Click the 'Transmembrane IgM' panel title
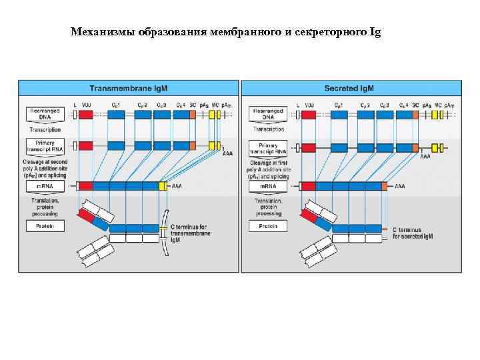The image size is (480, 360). [129, 88]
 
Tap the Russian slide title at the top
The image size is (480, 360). [225, 31]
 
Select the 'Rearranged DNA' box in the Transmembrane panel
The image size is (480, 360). [44, 115]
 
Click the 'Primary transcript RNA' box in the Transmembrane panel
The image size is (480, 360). [44, 146]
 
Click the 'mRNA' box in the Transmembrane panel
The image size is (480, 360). [44, 186]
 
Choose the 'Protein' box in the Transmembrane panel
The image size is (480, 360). [44, 226]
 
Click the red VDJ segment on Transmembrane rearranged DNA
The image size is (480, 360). [86, 115]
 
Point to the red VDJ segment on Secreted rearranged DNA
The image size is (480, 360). [308, 115]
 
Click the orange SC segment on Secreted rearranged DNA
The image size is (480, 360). [415, 115]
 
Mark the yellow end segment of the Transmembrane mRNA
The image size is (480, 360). [162, 186]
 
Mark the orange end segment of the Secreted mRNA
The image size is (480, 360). [384, 186]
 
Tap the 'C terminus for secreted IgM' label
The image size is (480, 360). [413, 233]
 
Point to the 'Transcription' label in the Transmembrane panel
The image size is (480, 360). [44, 129]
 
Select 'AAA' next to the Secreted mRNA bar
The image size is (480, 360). [400, 186]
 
